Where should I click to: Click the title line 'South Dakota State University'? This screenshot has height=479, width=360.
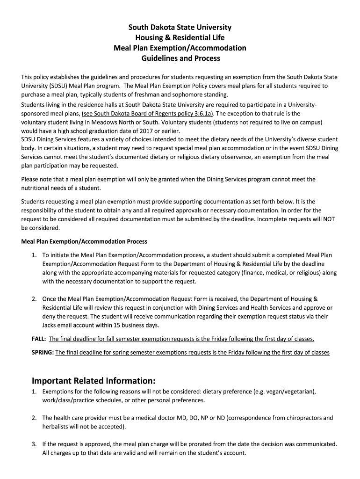180,28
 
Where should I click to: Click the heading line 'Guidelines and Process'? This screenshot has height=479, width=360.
180,58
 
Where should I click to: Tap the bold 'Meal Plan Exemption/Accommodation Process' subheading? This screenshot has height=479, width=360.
85,242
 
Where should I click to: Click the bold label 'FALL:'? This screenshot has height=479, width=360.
34,339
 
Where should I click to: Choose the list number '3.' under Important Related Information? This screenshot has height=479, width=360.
34,444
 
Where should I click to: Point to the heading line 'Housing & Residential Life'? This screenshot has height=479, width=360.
180,38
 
